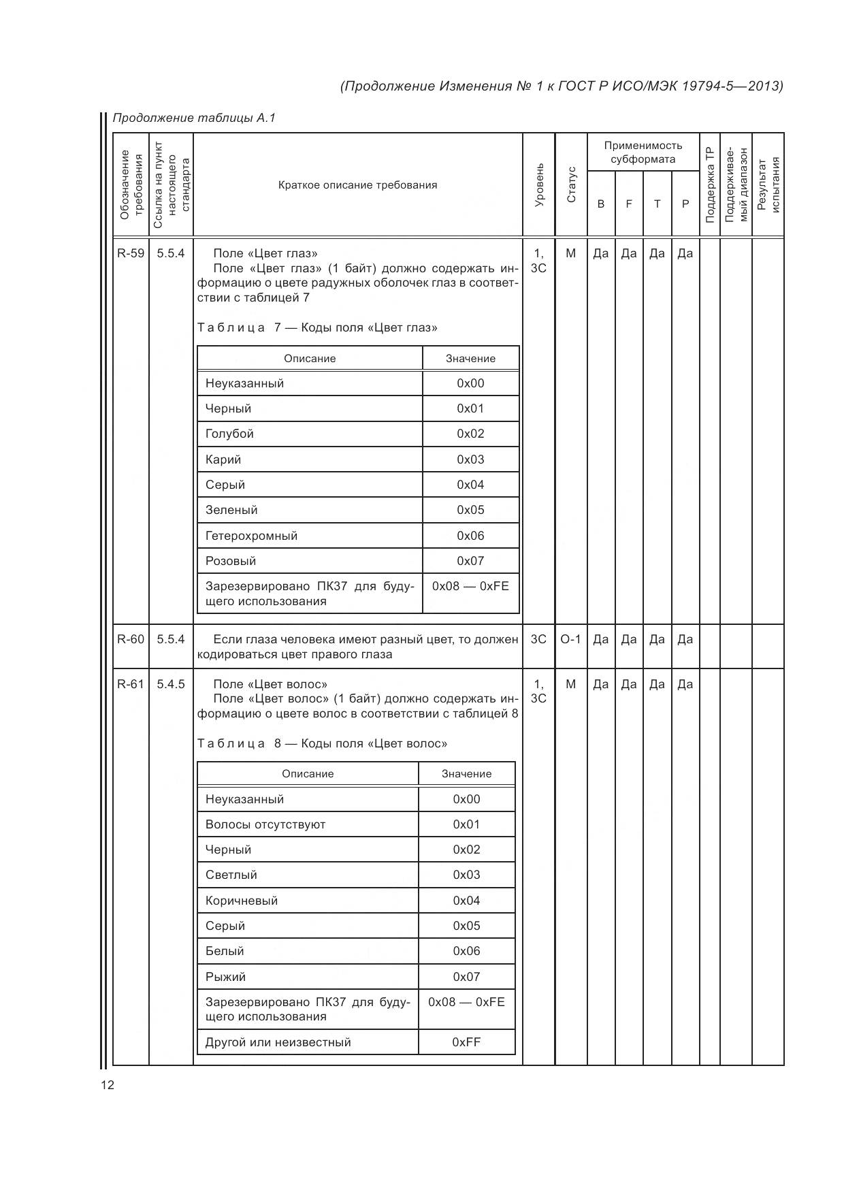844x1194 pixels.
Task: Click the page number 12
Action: [108, 1085]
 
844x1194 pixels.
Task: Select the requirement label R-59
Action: [131, 253]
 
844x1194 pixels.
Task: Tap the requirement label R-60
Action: [131, 639]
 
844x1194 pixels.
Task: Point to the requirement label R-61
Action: [131, 684]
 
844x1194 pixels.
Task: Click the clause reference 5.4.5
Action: [171, 684]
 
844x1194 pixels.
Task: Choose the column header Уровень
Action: [539, 185]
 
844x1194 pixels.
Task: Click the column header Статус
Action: [571, 185]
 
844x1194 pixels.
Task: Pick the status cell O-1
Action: [570, 639]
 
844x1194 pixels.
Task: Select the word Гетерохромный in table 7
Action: [251, 536]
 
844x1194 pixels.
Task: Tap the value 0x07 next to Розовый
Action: [470, 561]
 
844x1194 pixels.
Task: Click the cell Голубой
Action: [229, 434]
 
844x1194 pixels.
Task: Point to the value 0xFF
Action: [466, 1042]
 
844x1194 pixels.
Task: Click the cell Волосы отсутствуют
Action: [265, 824]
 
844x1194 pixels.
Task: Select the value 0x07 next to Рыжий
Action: [466, 977]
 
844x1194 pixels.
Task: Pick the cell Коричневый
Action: [242, 901]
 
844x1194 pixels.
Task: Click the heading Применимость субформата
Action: [643, 152]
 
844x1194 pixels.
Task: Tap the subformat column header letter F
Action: [629, 204]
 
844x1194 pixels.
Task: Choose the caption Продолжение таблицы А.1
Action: [194, 118]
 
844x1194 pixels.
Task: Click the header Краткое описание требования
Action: [357, 185]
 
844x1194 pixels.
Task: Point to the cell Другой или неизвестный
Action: [278, 1042]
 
